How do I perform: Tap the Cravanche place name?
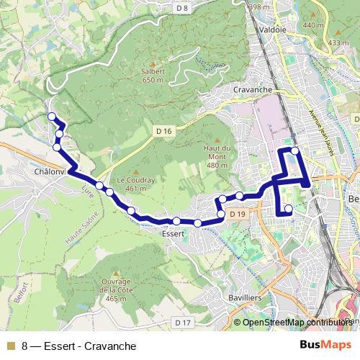click(252, 89)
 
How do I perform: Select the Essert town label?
click(174, 234)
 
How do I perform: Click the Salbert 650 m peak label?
click(153, 76)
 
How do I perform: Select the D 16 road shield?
click(164, 131)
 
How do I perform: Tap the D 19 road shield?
click(238, 214)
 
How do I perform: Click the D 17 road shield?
click(183, 322)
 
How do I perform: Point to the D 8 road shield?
click(181, 8)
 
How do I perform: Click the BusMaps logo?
click(326, 346)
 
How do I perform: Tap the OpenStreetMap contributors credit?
click(297, 323)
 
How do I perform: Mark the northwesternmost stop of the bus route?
click(51, 117)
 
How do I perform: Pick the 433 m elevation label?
click(338, 43)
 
